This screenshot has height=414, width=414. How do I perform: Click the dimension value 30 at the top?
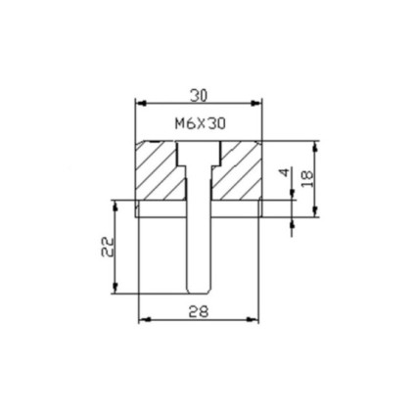[199, 96]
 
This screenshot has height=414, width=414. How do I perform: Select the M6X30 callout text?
[201, 124]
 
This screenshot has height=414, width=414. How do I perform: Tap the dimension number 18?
[307, 179]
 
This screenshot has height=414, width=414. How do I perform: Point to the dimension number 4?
[285, 172]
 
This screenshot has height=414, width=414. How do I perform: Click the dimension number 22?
[108, 247]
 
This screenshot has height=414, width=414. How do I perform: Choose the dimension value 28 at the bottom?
[199, 312]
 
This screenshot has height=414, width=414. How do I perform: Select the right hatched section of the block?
[237, 170]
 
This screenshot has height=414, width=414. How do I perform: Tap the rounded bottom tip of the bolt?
[199, 291]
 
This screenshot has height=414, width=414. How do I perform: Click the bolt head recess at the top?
[199, 154]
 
